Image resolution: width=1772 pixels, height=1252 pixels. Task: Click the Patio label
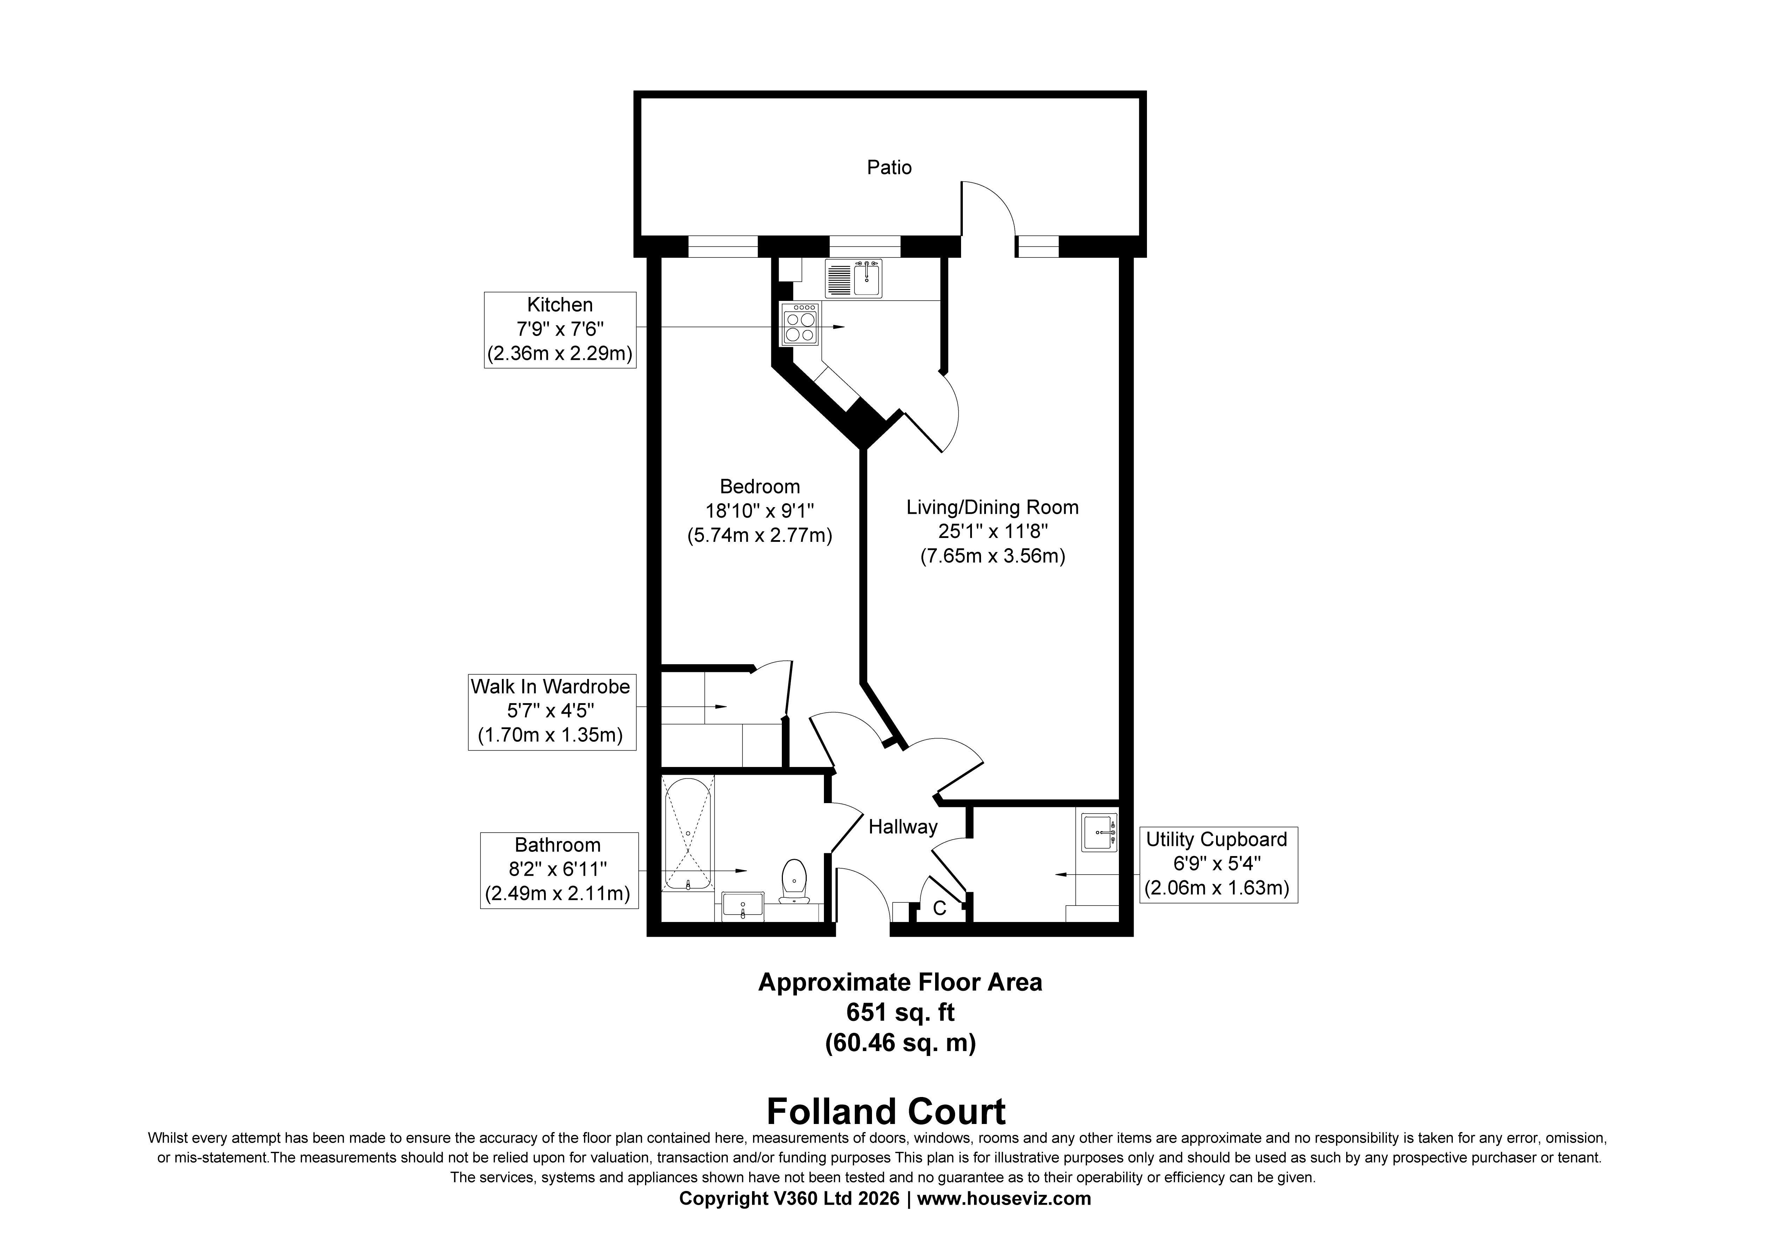(x=889, y=168)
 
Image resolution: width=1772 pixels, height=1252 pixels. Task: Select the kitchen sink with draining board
(x=854, y=279)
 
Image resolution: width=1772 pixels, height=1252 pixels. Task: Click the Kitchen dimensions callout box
(x=560, y=330)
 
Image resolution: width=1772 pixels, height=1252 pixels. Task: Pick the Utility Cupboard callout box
(x=1219, y=864)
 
